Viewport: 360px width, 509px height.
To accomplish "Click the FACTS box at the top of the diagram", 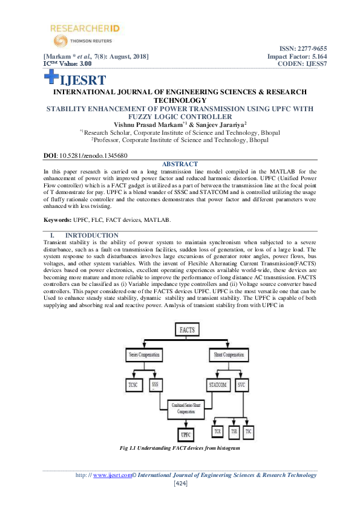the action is pos(186,329).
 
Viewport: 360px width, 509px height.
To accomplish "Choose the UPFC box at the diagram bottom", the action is pos(186,433).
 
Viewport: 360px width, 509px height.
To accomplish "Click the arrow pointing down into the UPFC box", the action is pos(186,423).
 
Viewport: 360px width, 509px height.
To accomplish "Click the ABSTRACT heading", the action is pos(180,164).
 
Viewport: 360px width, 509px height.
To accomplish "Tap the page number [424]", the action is pos(180,484).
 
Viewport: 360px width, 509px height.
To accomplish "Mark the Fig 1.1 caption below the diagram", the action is pos(180,448).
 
